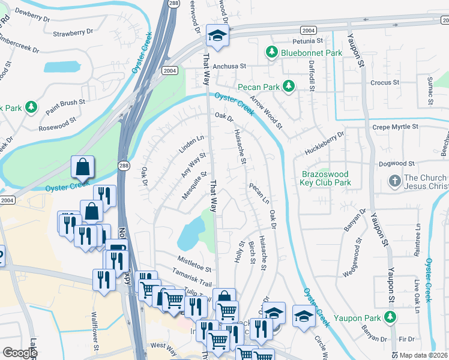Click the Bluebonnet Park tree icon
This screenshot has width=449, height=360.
(272, 53)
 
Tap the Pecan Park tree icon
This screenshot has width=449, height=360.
(289, 86)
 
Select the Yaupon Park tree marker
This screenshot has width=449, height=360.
(391, 316)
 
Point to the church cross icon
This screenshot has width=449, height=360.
(394, 180)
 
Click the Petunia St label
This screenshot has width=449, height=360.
(308, 41)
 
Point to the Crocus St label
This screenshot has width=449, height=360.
(385, 82)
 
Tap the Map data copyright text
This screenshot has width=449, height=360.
(424, 355)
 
